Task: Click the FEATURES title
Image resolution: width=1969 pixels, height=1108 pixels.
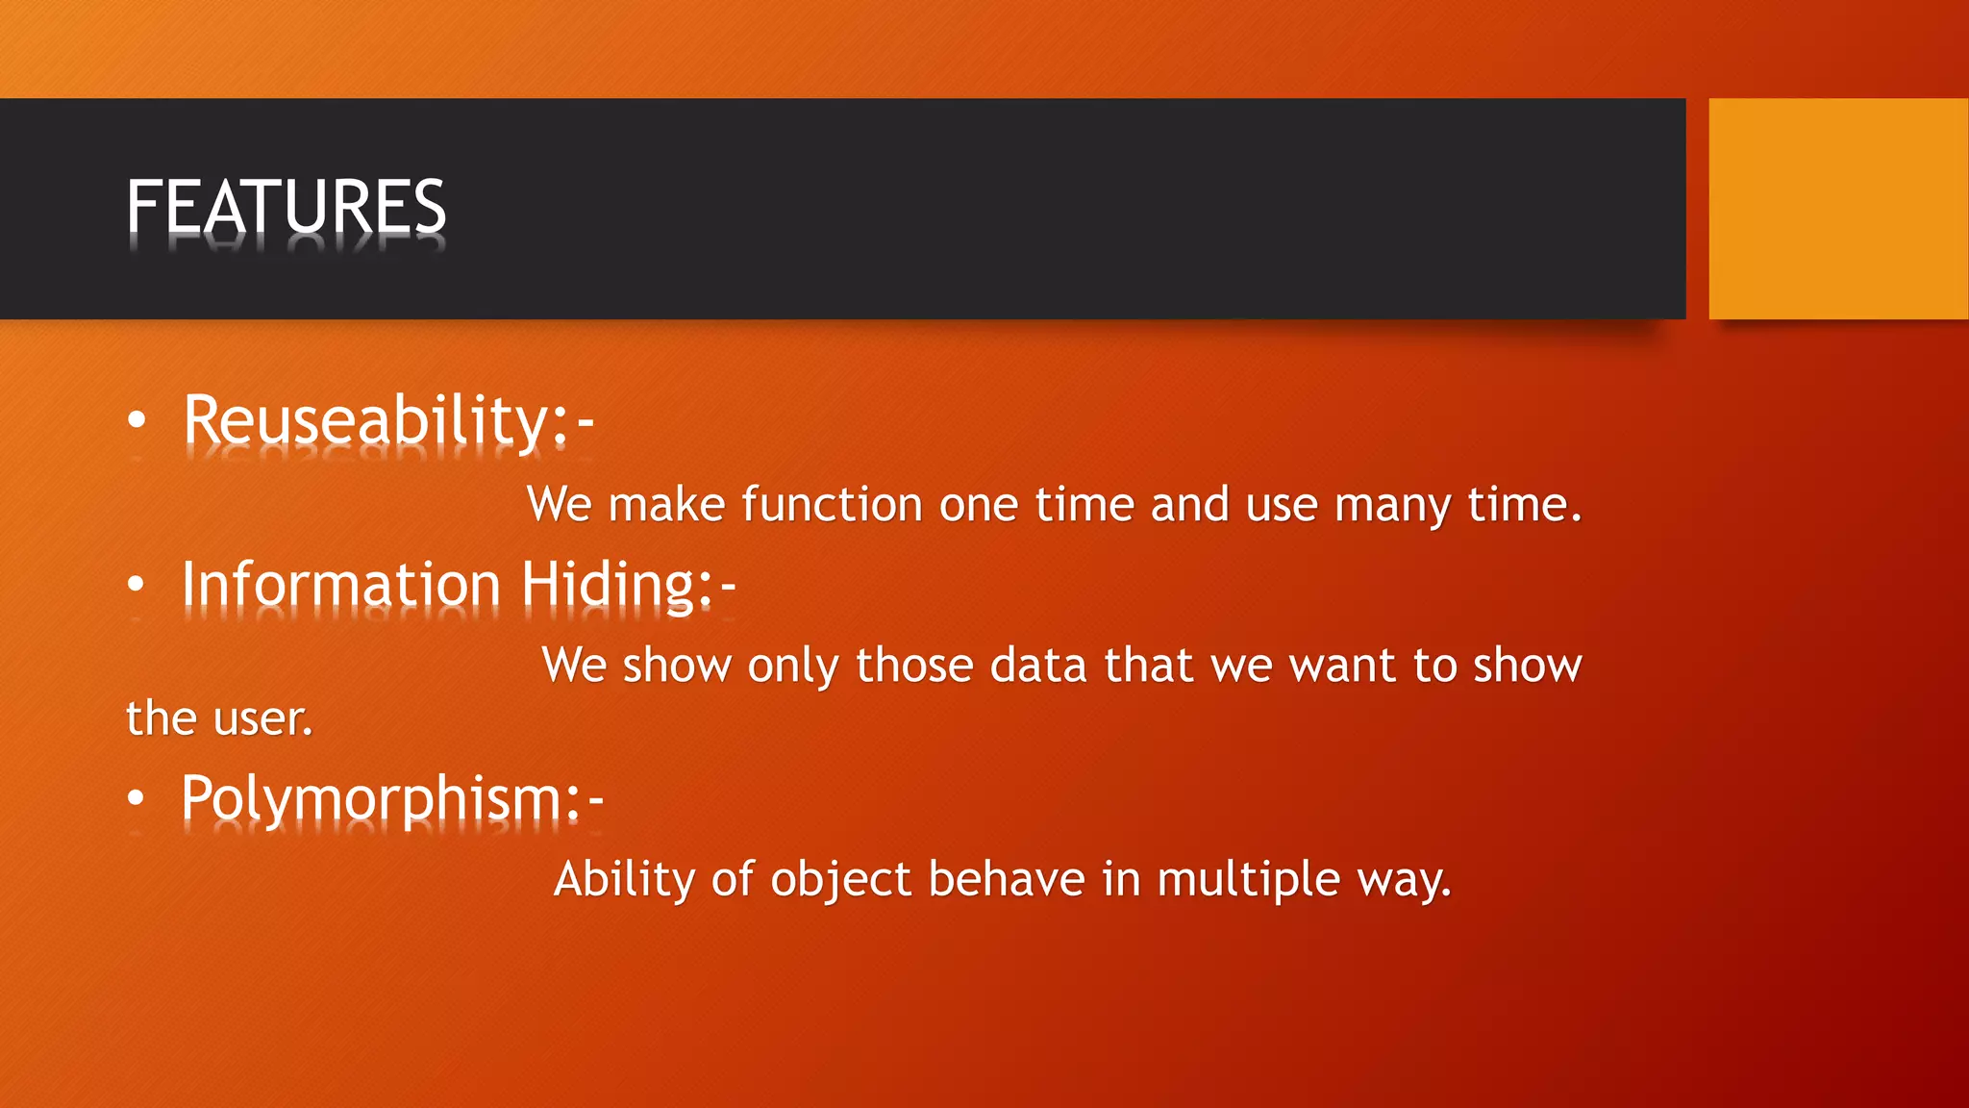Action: [286, 207]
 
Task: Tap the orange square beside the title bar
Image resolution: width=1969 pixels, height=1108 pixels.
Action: [1837, 209]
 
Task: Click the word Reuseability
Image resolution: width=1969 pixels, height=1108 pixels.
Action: [365, 421]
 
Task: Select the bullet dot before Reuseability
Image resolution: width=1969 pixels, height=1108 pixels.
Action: [137, 420]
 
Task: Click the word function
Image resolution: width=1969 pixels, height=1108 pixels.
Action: [832, 505]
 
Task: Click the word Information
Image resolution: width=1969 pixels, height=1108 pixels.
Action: [341, 585]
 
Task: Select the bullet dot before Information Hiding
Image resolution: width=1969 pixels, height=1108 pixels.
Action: [137, 584]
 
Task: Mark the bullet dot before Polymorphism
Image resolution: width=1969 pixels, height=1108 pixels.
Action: [137, 797]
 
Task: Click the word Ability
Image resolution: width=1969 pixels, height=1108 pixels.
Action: [624, 880]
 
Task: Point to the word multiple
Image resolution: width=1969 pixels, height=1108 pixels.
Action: [1248, 880]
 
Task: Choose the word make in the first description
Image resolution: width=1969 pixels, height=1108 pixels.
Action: [666, 505]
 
